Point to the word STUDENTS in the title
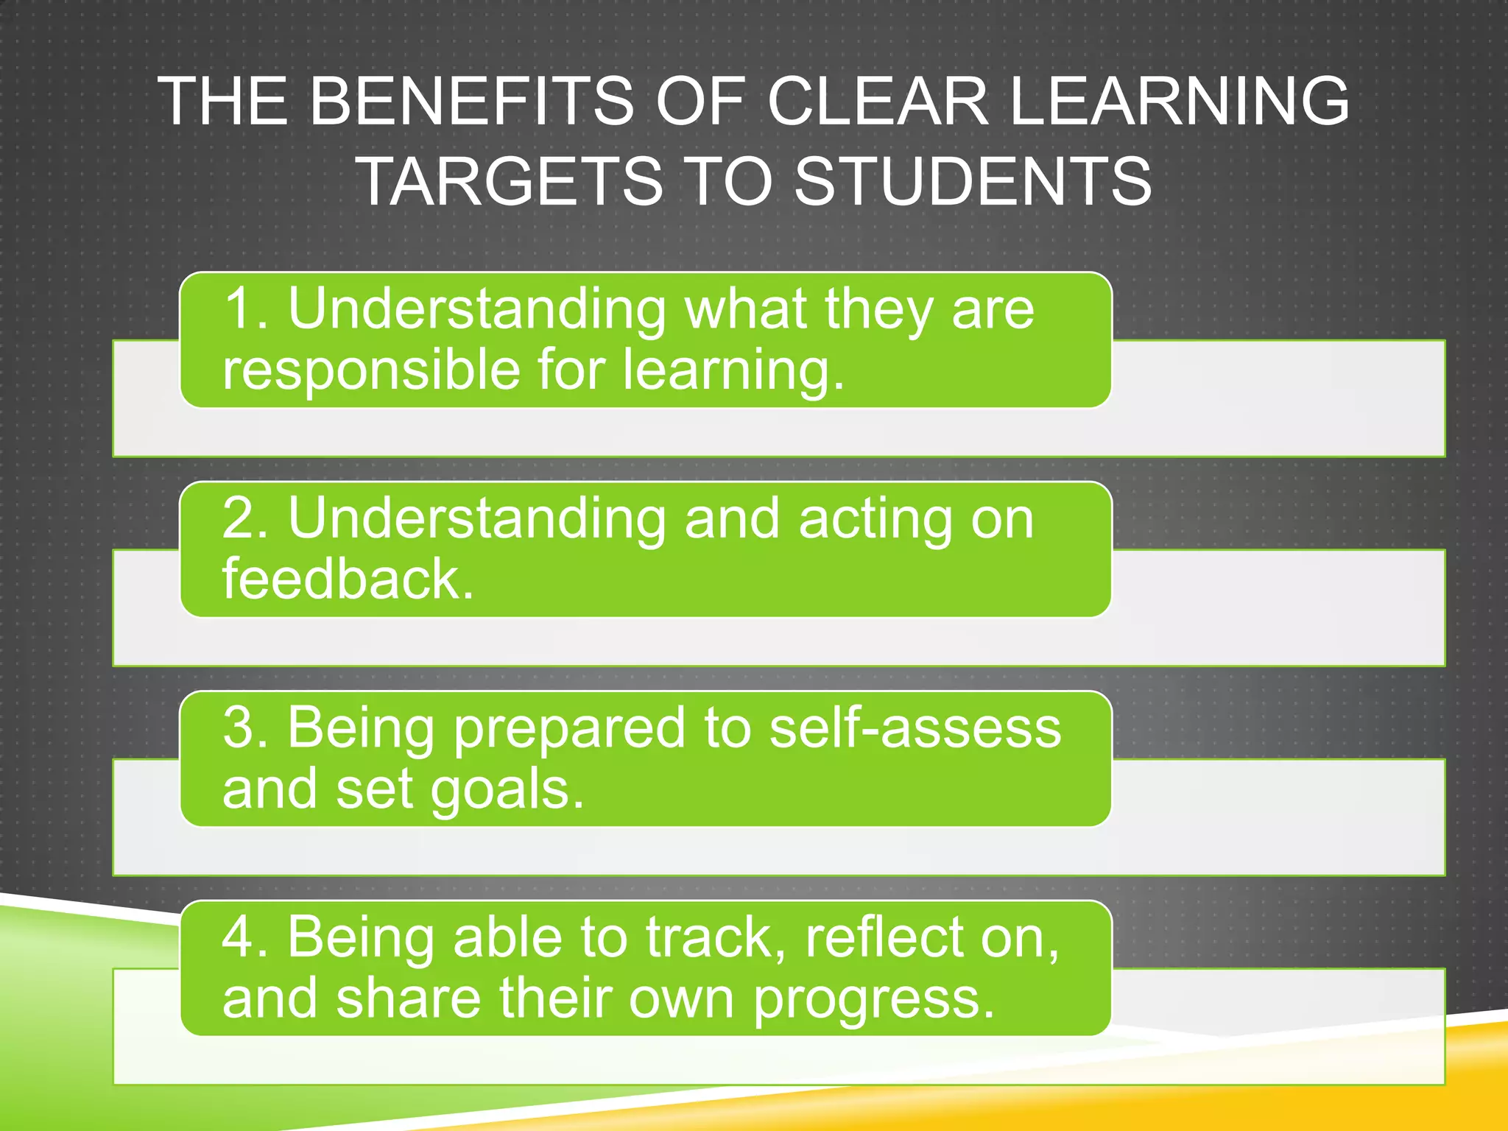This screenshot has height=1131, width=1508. coord(973,181)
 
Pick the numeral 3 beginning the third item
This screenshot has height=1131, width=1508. coord(239,727)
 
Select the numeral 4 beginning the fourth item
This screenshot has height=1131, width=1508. coord(239,937)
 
